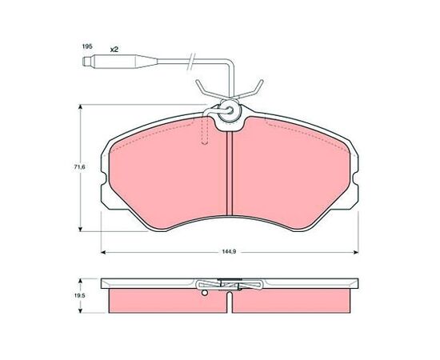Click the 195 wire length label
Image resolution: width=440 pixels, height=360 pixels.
coord(86,46)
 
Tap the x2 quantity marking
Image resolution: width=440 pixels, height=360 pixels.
coord(114,50)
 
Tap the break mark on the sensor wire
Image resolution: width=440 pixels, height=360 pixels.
coord(191,61)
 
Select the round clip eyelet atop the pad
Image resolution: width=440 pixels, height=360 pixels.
coord(230,111)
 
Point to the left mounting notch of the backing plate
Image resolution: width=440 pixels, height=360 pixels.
coord(103,178)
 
